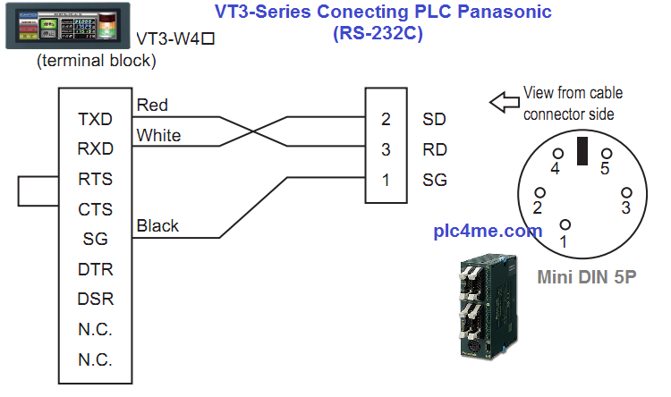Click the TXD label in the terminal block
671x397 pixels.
click(x=95, y=119)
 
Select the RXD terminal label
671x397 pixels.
click(x=95, y=148)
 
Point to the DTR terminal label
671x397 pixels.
click(x=96, y=269)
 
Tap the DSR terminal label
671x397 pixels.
click(x=96, y=300)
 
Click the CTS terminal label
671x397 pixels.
click(x=96, y=209)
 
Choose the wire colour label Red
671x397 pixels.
click(x=152, y=106)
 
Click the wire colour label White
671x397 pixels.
click(x=158, y=136)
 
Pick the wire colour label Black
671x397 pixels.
click(x=157, y=226)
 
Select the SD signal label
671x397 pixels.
click(x=434, y=119)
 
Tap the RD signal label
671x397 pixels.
click(x=434, y=149)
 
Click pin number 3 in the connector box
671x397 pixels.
click(x=386, y=149)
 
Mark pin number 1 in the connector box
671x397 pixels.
click(x=386, y=180)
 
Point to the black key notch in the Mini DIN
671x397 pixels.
click(x=582, y=151)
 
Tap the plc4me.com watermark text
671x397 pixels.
click(x=488, y=231)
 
